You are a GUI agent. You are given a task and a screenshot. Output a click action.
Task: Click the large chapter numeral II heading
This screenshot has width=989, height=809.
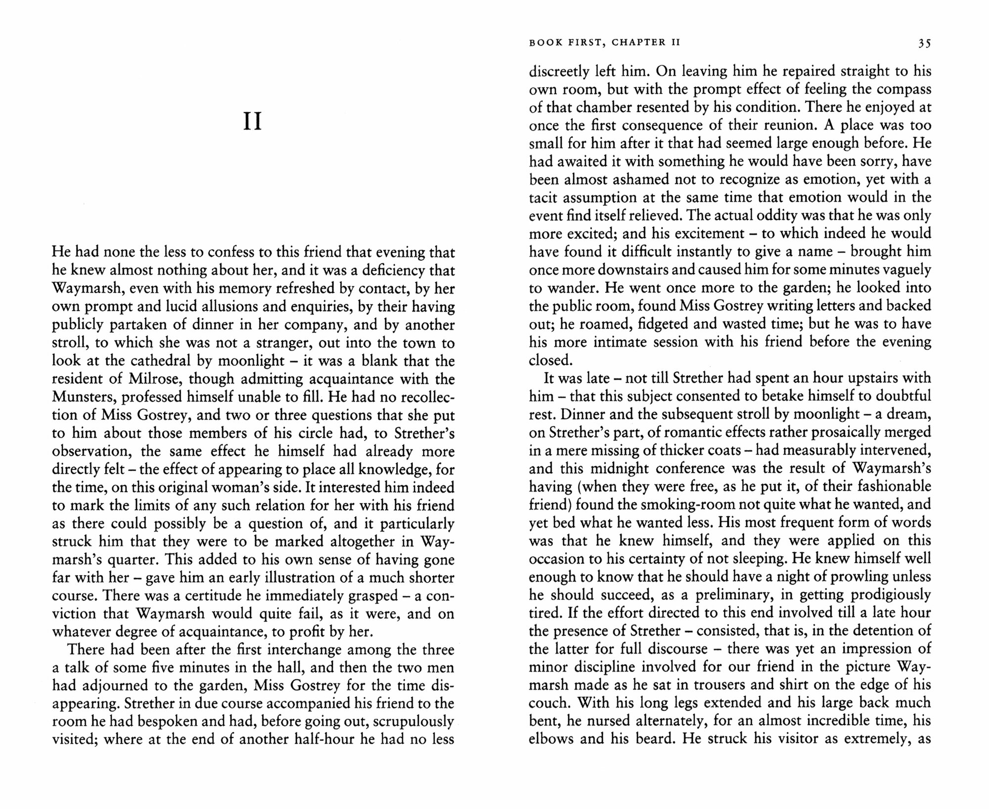pyautogui.click(x=253, y=122)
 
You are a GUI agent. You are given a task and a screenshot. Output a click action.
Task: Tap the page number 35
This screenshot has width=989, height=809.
pyautogui.click(x=924, y=44)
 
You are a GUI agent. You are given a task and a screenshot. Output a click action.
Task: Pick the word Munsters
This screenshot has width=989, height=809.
pyautogui.click(x=84, y=398)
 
